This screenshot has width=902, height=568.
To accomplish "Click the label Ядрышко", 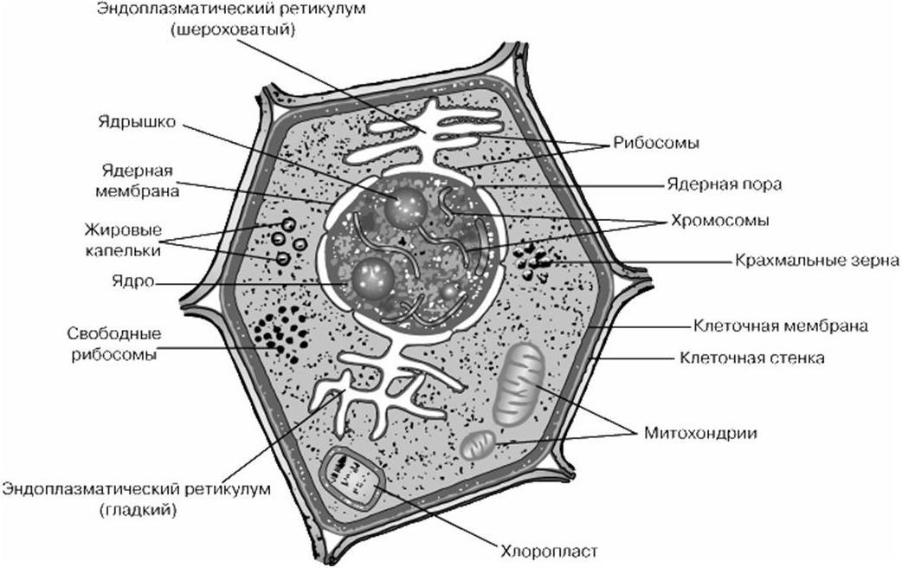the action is pos(136,124).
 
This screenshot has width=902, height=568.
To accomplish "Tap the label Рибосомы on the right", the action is pos(656,143).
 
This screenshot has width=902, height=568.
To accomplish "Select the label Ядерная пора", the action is pos(725,184).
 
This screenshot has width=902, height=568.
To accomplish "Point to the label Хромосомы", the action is pos(719,221).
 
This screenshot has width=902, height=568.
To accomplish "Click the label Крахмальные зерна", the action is pos(817,261).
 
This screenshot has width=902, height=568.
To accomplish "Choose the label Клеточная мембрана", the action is pos(781,326).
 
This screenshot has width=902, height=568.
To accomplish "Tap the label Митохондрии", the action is pos(700,433).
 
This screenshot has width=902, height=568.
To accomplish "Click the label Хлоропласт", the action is pos(549,552).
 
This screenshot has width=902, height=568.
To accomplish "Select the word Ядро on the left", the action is pos(133,282).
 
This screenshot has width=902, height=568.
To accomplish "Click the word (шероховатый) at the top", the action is pos(233,29).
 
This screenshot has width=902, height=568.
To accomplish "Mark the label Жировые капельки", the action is pos(123,240).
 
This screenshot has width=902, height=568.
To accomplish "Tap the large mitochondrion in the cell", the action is pos(519,384).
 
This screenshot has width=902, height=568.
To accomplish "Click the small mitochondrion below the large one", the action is pos(479,445).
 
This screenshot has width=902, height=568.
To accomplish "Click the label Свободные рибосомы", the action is pos(114,344).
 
